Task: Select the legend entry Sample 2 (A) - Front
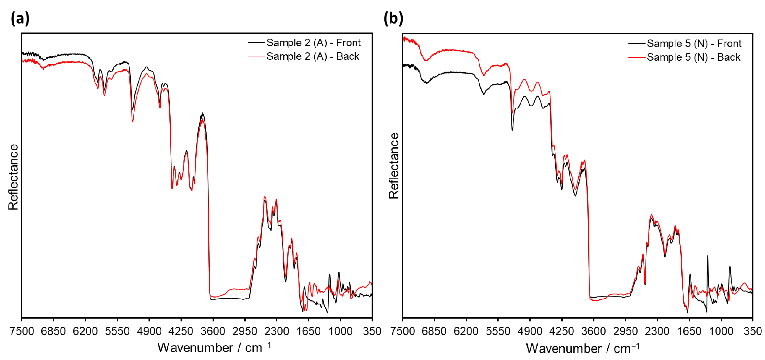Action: pyautogui.click(x=313, y=43)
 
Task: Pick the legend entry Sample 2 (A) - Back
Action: pyautogui.click(x=313, y=56)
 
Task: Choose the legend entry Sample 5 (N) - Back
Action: pyautogui.click(x=693, y=57)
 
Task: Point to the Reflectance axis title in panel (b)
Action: pyautogui.click(x=394, y=166)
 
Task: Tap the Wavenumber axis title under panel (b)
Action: pyautogui.click(x=582, y=348)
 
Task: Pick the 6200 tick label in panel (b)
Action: pyautogui.click(x=466, y=331)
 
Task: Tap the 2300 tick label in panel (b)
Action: pyautogui.click(x=657, y=331)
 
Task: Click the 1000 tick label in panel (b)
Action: pyautogui.click(x=721, y=331)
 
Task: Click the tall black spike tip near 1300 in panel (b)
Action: pyautogui.click(x=707, y=256)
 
